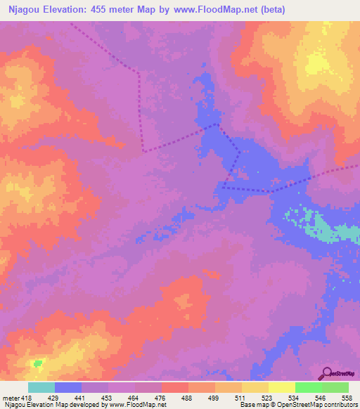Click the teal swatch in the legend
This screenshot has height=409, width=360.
coord(41,387)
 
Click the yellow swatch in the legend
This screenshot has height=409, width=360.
coord(281,387)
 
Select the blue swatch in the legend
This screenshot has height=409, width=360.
coord(68,387)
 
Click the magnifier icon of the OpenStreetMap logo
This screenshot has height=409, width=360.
coord(327,372)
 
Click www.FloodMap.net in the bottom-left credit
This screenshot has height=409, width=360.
coord(134,405)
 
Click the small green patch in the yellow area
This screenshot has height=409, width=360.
coord(37,363)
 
